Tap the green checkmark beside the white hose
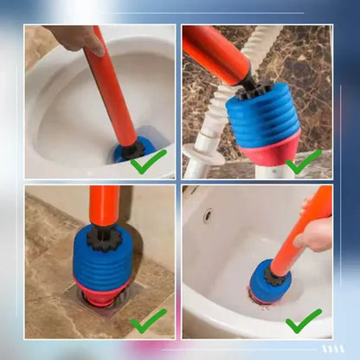[x=304, y=161]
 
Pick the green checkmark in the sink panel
[x=304, y=321]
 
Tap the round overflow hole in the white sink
[x=207, y=215]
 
